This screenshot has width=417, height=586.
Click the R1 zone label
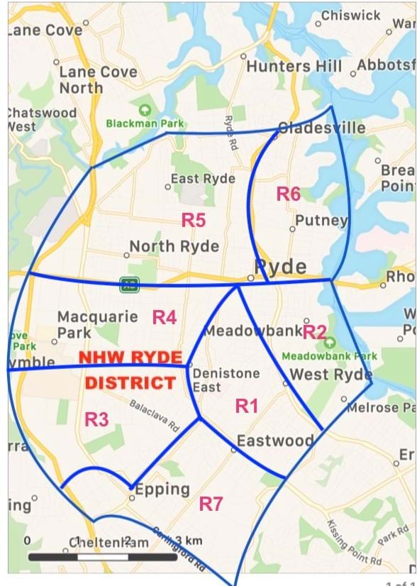click(246, 406)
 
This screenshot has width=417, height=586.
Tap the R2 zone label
click(314, 331)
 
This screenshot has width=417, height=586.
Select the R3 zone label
click(96, 419)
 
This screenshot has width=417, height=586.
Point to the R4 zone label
click(165, 317)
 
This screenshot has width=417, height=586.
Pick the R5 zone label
click(194, 220)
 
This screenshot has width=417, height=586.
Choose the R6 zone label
click(289, 194)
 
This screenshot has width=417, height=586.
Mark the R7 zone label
click(211, 504)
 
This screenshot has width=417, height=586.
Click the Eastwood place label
click(275, 441)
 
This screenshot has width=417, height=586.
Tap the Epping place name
click(162, 489)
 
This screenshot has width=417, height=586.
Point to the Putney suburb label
click(321, 220)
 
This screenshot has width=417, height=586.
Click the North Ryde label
click(174, 247)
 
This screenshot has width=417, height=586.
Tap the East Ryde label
click(203, 179)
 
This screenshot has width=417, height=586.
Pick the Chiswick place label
click(350, 15)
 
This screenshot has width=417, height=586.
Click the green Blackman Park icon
click(145, 109)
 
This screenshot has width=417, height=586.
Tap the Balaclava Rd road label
click(154, 416)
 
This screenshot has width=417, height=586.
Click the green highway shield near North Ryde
click(129, 284)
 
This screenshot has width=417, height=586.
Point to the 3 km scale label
click(188, 541)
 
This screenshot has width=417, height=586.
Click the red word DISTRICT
click(130, 383)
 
